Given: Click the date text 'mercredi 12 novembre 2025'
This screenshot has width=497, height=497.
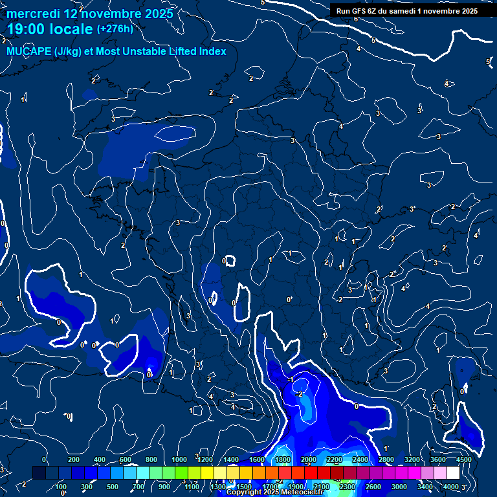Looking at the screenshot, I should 90,14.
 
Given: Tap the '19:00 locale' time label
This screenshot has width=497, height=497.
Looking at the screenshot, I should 50,29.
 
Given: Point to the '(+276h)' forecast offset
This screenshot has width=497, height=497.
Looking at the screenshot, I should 115,29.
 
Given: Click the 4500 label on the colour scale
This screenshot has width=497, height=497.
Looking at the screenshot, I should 463,459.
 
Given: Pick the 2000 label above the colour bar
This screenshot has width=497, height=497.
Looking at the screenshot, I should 309,459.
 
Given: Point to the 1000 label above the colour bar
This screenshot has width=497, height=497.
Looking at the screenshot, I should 179,459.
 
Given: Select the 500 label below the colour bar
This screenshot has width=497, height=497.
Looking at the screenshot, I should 113,487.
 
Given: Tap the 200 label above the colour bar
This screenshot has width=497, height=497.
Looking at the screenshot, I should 74,459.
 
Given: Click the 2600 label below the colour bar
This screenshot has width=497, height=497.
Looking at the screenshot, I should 373,487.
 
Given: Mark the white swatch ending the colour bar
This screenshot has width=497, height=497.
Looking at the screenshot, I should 453,473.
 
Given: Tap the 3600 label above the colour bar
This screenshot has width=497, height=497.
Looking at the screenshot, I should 438,459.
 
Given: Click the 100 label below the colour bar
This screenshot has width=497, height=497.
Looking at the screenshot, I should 61,487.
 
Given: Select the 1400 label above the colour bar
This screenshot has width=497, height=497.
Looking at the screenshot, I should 231,459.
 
